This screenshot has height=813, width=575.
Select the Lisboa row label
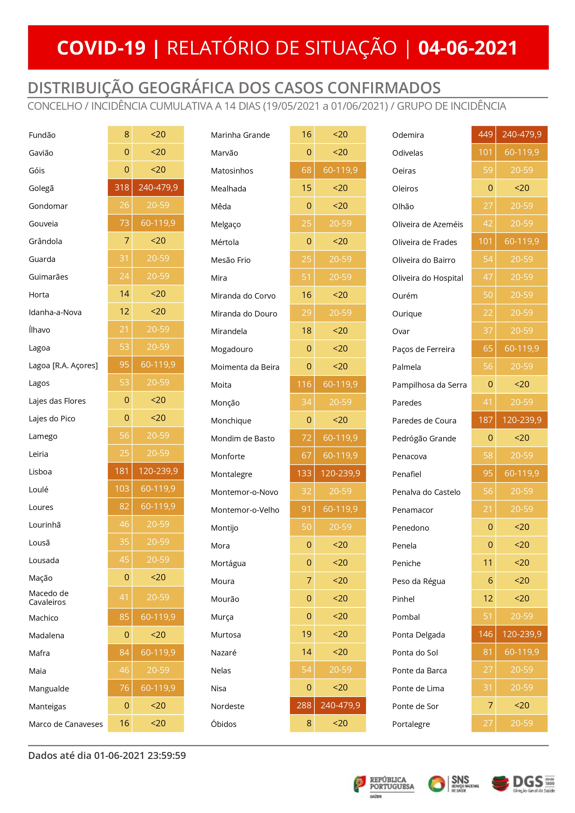40,472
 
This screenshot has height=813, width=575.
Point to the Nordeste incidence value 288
304,705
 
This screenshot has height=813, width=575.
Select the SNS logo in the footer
453,783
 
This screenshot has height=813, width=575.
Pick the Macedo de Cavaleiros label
48,598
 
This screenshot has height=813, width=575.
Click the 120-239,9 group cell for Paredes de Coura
522,420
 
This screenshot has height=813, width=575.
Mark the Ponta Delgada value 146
485,634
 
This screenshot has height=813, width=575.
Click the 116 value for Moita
304,384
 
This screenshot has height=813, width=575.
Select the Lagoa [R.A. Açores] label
63,365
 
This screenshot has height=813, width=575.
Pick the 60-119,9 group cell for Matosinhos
340,170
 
